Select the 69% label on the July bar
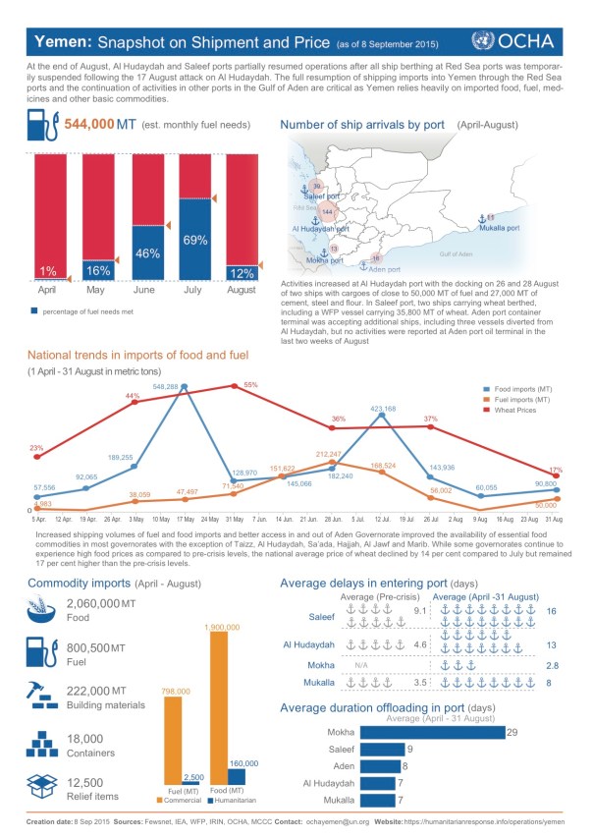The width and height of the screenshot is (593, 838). (194, 239)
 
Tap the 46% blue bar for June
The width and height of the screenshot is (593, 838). (147, 252)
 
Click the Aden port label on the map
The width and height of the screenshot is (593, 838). (380, 267)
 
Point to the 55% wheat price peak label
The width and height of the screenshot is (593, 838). (249, 384)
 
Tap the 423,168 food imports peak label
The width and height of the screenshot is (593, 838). (383, 408)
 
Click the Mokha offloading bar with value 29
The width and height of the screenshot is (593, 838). (436, 732)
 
